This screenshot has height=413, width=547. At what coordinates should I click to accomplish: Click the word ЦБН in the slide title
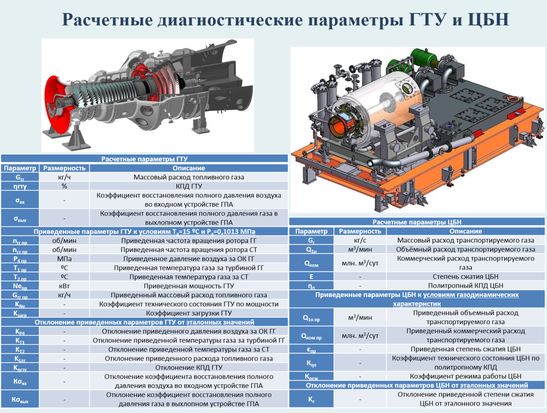click(x=488, y=20)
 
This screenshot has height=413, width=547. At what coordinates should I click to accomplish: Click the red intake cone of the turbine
click(x=56, y=105)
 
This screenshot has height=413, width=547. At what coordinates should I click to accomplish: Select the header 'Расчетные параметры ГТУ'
click(x=144, y=159)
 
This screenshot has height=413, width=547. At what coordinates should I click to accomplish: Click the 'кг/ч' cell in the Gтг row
click(x=64, y=177)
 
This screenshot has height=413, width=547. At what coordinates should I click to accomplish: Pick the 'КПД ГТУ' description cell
click(x=188, y=186)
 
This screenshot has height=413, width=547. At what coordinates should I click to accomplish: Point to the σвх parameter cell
click(x=20, y=199)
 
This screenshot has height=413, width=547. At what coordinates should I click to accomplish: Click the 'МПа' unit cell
click(x=64, y=259)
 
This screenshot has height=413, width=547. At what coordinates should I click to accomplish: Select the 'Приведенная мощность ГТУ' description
click(x=188, y=286)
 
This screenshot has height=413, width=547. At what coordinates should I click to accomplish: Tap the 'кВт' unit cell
click(x=64, y=286)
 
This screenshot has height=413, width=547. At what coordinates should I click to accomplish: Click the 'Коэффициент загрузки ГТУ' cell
click(x=188, y=313)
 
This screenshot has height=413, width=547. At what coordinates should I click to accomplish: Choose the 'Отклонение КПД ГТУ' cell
click(x=188, y=367)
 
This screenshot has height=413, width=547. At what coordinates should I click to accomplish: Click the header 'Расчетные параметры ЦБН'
click(x=417, y=222)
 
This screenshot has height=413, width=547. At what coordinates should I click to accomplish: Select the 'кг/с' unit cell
click(x=360, y=240)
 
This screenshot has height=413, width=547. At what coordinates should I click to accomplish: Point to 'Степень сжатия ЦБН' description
click(x=465, y=276)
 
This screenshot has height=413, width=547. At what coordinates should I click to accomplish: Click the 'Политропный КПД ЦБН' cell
click(x=465, y=285)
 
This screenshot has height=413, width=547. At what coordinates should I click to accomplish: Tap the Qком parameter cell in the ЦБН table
click(x=311, y=263)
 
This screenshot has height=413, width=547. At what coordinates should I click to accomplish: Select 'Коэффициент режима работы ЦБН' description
click(x=465, y=376)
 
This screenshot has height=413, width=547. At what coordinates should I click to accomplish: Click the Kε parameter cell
click(x=311, y=399)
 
